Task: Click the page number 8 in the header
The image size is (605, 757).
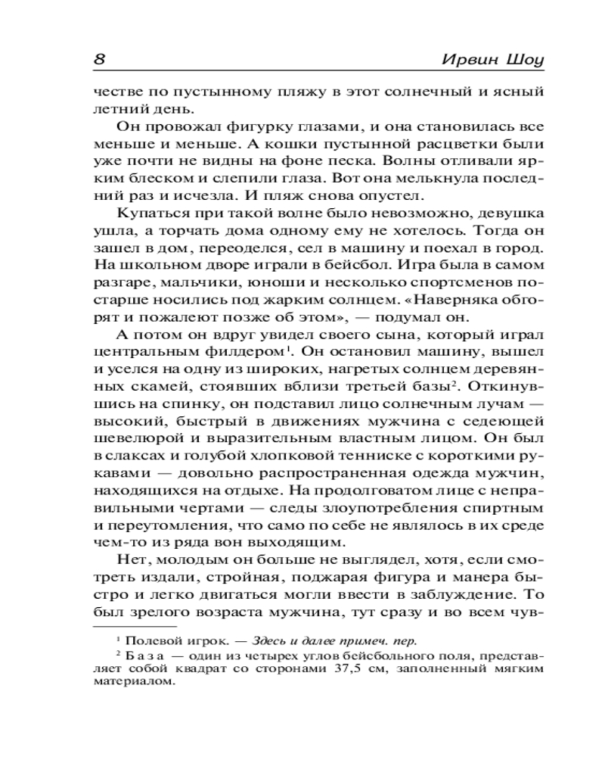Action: pos(99,58)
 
